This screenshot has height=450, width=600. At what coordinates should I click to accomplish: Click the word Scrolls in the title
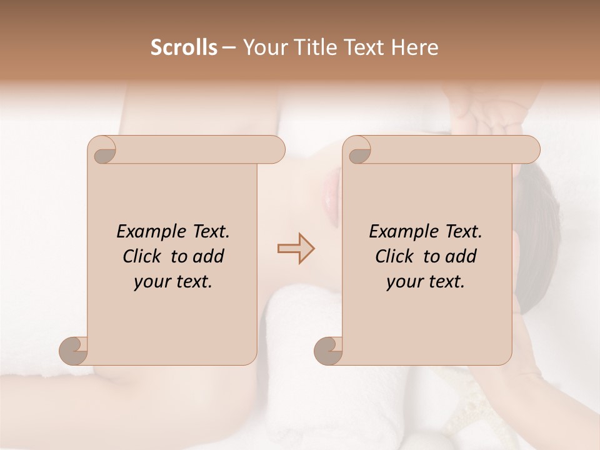tap(184, 47)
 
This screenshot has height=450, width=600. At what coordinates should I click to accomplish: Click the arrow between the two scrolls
tap(296, 249)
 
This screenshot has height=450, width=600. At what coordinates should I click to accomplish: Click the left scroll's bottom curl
tap(74, 351)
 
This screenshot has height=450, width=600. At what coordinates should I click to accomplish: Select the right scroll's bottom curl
tap(328, 351)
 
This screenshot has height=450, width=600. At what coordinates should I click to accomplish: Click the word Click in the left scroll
tap(142, 256)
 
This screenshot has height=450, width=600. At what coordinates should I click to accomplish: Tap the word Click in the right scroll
tap(395, 256)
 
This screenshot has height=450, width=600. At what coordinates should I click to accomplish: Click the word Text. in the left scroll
tap(209, 232)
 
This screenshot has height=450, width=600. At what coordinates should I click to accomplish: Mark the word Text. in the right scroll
tap(462, 232)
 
